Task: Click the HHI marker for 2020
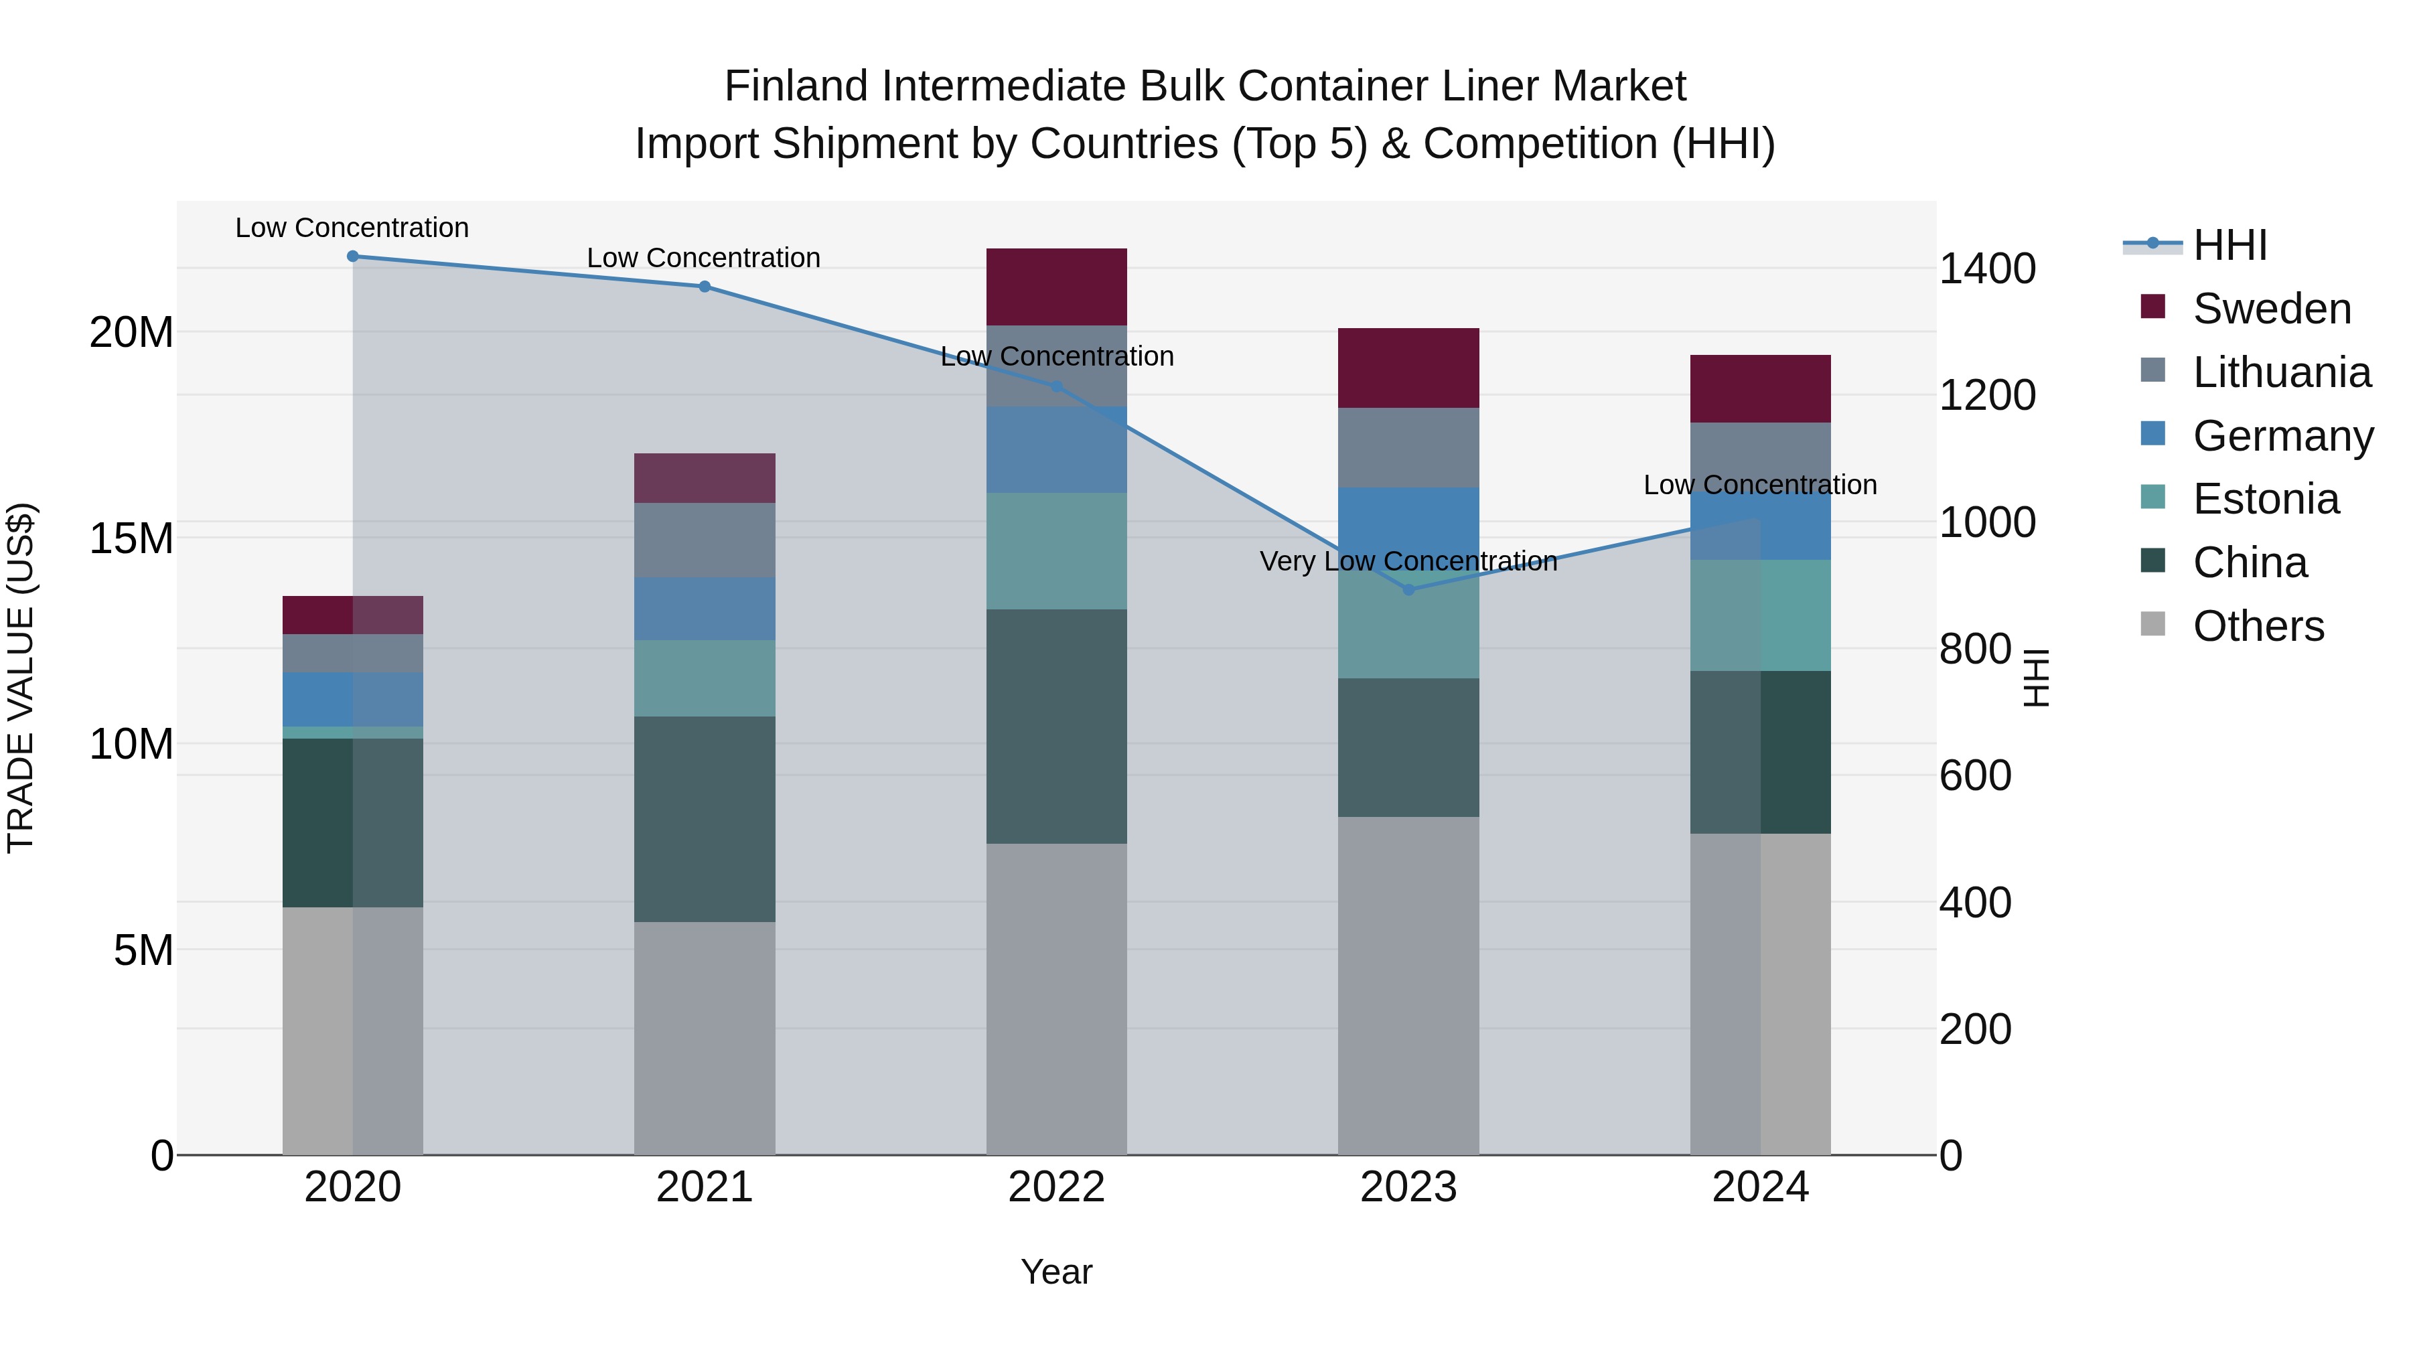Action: point(353,256)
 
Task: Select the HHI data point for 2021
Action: point(705,287)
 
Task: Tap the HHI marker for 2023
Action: point(1408,589)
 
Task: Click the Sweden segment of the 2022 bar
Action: point(1057,287)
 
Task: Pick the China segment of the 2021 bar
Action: point(705,819)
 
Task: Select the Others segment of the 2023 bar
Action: point(1408,986)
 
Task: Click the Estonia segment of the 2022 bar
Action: point(1057,551)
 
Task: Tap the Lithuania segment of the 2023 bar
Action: point(1408,447)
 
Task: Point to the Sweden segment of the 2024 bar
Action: point(1761,388)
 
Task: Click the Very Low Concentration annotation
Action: point(1408,562)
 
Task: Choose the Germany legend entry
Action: point(2282,436)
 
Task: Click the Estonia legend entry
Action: point(2265,500)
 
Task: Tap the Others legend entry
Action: point(2258,626)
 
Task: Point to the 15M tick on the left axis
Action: point(131,539)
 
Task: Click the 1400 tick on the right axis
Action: point(1986,269)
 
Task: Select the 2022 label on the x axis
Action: point(1057,1187)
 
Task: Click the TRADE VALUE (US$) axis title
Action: point(21,678)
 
